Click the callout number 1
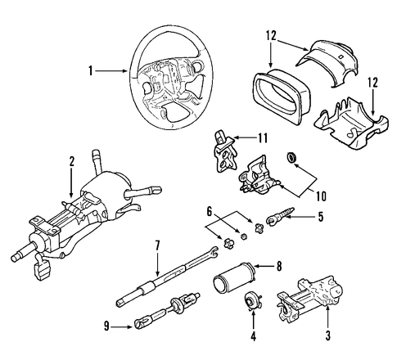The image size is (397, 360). pyautogui.click(x=91, y=71)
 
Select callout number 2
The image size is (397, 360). pyautogui.click(x=71, y=162)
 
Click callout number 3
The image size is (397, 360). pyautogui.click(x=327, y=335)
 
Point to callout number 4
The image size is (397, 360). pyautogui.click(x=254, y=336)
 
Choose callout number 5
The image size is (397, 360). pyautogui.click(x=321, y=217)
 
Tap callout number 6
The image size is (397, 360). pyautogui.click(x=210, y=211)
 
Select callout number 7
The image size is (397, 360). pyautogui.click(x=157, y=245)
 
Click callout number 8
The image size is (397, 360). pyautogui.click(x=279, y=267)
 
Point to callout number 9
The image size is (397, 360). pyautogui.click(x=106, y=326)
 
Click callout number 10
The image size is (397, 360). pyautogui.click(x=321, y=196)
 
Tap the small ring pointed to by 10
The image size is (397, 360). pyautogui.click(x=291, y=158)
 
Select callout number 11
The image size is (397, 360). pyautogui.click(x=263, y=138)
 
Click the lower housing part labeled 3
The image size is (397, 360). pyautogui.click(x=309, y=299)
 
